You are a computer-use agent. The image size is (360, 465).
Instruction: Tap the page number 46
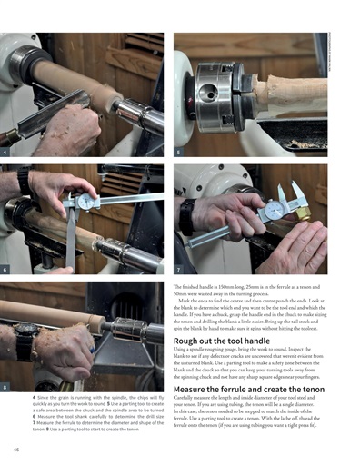click(17, 449)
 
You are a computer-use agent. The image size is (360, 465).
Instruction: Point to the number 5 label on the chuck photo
click(178, 152)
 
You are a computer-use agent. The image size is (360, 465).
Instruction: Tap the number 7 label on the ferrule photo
click(178, 270)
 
